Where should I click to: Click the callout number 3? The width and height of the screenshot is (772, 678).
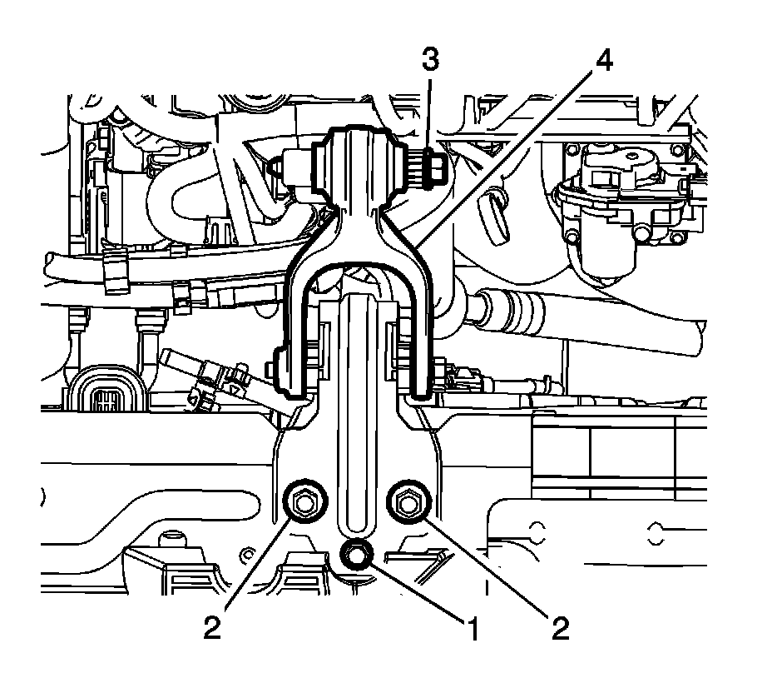tap(430, 60)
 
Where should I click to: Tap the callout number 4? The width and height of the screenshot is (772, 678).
tap(604, 61)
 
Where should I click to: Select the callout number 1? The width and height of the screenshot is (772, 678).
tap(473, 629)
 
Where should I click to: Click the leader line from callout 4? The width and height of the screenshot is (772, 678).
tap(504, 159)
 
